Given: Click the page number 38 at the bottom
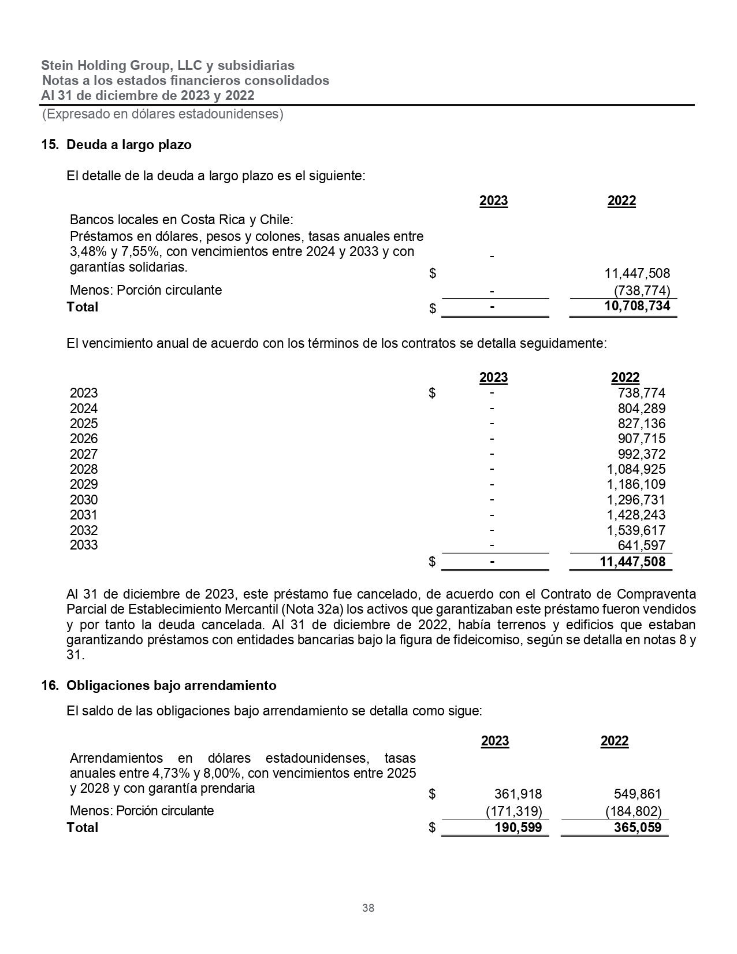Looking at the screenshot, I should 368,908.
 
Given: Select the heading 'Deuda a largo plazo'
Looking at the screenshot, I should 129,144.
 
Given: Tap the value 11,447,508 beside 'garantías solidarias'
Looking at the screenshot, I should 637,273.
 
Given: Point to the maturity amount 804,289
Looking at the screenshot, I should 641,409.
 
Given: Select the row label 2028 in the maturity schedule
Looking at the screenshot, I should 84,469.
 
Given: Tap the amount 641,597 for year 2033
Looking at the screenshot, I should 641,545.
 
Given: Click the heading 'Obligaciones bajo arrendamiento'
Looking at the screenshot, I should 172,685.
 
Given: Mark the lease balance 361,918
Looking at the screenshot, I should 518,795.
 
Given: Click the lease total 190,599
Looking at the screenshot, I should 518,827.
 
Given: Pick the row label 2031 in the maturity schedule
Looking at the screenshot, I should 84,515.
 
